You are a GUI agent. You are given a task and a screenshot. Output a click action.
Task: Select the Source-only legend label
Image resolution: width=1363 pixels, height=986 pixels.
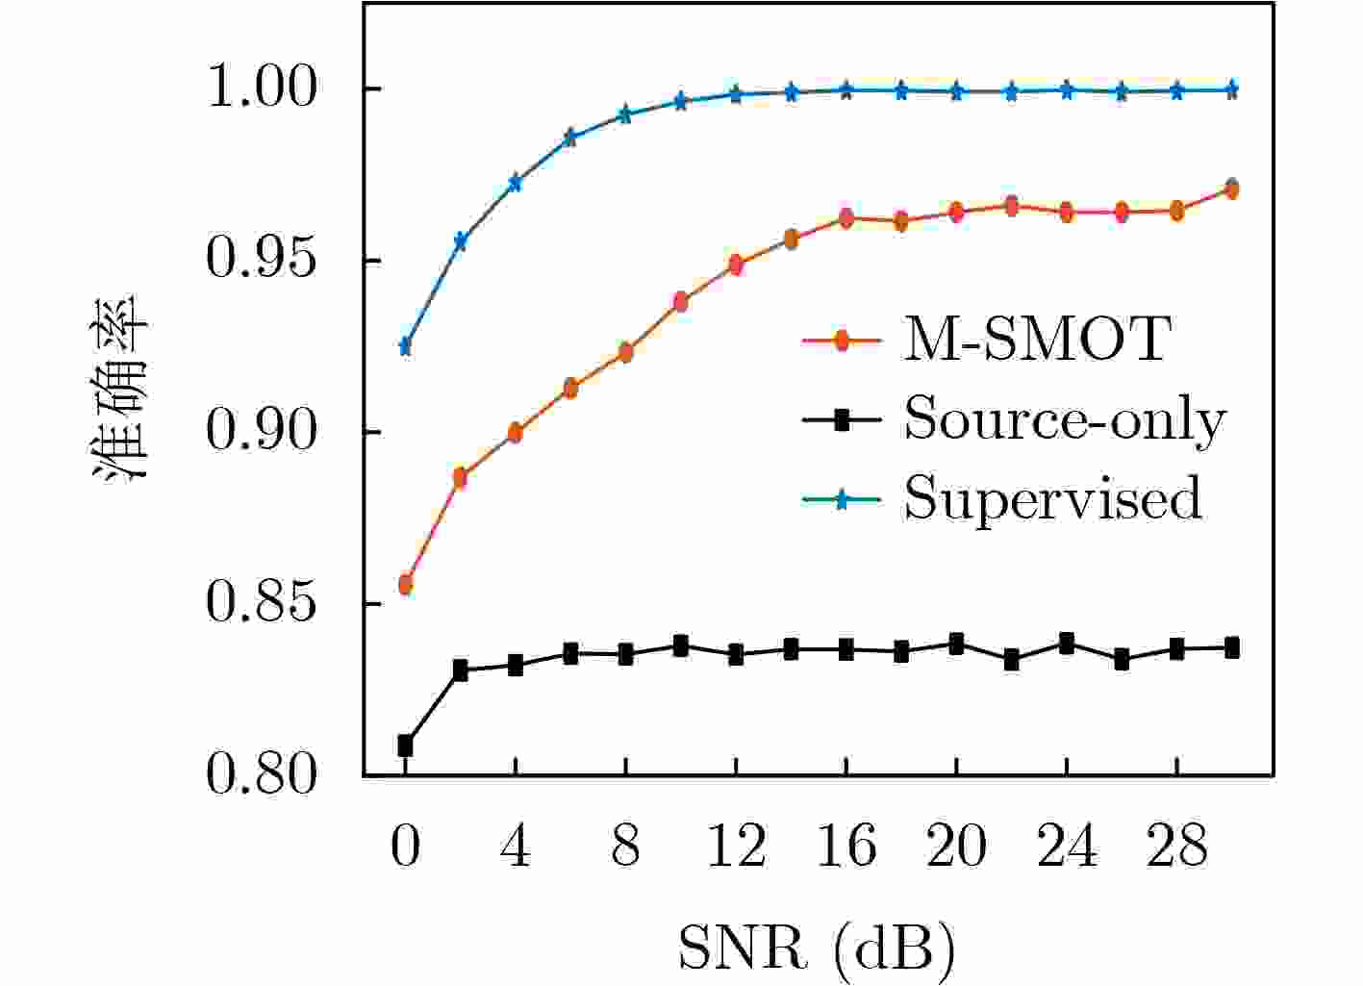[x=1065, y=419]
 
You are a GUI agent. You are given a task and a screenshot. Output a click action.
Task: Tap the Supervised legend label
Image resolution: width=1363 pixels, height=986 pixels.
[x=1052, y=498]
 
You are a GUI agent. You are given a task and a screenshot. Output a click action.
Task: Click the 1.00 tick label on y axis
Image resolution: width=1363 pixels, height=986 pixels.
[x=261, y=89]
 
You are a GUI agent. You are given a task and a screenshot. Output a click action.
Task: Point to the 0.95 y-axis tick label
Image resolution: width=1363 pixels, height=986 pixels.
[x=261, y=261]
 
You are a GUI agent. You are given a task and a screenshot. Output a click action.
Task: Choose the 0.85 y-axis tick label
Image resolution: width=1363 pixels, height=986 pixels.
[x=261, y=604]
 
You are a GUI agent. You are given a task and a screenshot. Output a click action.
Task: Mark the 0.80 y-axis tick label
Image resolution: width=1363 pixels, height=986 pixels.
[x=261, y=775]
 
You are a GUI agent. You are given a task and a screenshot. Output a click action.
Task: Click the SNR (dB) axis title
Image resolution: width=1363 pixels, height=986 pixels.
[x=818, y=948]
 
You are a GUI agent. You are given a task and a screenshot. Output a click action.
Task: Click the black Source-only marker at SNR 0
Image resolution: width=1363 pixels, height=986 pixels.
[x=405, y=745]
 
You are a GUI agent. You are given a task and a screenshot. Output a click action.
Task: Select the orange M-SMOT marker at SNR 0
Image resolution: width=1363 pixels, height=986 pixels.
[x=405, y=584]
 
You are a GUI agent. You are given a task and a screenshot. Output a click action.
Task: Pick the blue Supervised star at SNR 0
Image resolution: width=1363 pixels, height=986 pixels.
[x=405, y=346]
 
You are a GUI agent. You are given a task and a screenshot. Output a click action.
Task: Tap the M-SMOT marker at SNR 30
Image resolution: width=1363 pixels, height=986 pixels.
[x=1231, y=189]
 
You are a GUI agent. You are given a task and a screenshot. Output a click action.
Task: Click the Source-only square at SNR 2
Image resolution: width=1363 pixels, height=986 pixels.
[x=460, y=670]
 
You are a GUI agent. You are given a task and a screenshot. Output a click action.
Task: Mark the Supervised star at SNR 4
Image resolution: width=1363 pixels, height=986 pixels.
[x=516, y=183]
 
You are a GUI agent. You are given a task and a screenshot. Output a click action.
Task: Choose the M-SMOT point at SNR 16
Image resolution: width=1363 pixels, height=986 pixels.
[x=846, y=218]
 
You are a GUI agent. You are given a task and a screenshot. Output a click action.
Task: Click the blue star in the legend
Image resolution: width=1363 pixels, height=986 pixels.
[x=841, y=498]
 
